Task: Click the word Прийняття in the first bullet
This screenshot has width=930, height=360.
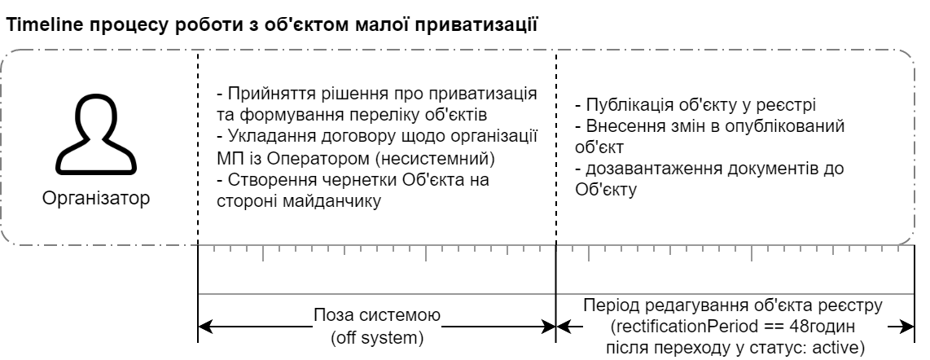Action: [x=261, y=92]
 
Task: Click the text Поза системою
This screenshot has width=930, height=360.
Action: [x=376, y=314]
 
